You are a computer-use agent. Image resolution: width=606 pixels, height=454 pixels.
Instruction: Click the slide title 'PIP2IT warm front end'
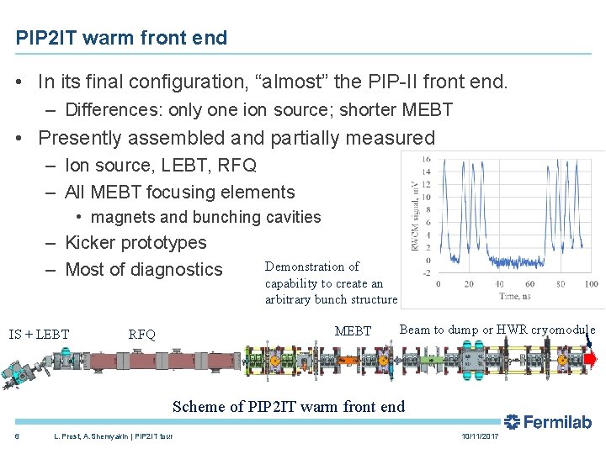pos(121,38)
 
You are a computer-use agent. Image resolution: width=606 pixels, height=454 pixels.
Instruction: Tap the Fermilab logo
pos(548,421)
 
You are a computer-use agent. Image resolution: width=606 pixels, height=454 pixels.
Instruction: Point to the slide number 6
pos(18,436)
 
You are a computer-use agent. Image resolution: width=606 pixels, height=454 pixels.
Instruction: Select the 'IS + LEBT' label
pos(40,335)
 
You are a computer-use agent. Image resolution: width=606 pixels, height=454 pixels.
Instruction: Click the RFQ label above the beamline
pos(141,335)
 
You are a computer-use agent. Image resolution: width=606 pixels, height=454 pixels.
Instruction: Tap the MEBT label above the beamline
pos(353,331)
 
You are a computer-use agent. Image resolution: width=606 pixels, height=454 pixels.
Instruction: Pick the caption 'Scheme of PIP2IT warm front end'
pos(289,407)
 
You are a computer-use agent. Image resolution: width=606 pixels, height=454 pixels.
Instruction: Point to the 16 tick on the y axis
pos(427,160)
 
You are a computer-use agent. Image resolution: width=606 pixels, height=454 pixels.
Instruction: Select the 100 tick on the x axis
pos(591,284)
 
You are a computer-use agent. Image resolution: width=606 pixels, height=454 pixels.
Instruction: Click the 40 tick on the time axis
pos(499,284)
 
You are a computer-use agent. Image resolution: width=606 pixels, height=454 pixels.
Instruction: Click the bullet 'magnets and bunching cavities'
pos(205,217)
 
